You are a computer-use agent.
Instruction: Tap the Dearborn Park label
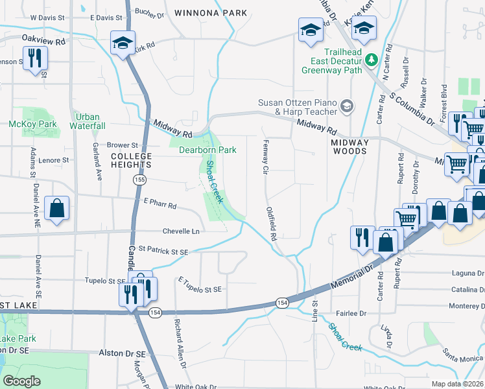point(207,150)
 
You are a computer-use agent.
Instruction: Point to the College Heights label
point(131,161)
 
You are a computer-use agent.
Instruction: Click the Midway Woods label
point(349,147)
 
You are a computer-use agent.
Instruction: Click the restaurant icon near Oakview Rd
point(34,58)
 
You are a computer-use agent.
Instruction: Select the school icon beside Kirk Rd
point(122,43)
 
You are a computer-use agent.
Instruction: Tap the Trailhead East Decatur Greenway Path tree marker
point(371,60)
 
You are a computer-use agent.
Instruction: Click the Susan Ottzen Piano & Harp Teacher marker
point(347,106)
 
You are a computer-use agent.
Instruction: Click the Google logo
point(22,381)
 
